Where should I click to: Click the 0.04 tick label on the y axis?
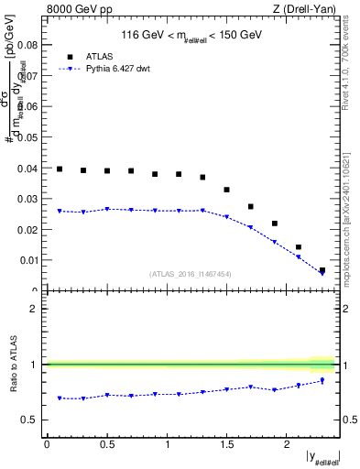(28, 169)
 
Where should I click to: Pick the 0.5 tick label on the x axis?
(106, 445)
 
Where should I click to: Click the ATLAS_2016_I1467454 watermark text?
(191, 273)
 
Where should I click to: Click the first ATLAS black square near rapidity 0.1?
(60, 169)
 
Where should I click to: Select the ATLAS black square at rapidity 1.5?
(226, 190)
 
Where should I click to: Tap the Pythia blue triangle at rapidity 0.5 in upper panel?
(107, 209)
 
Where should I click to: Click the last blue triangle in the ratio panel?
(322, 381)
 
